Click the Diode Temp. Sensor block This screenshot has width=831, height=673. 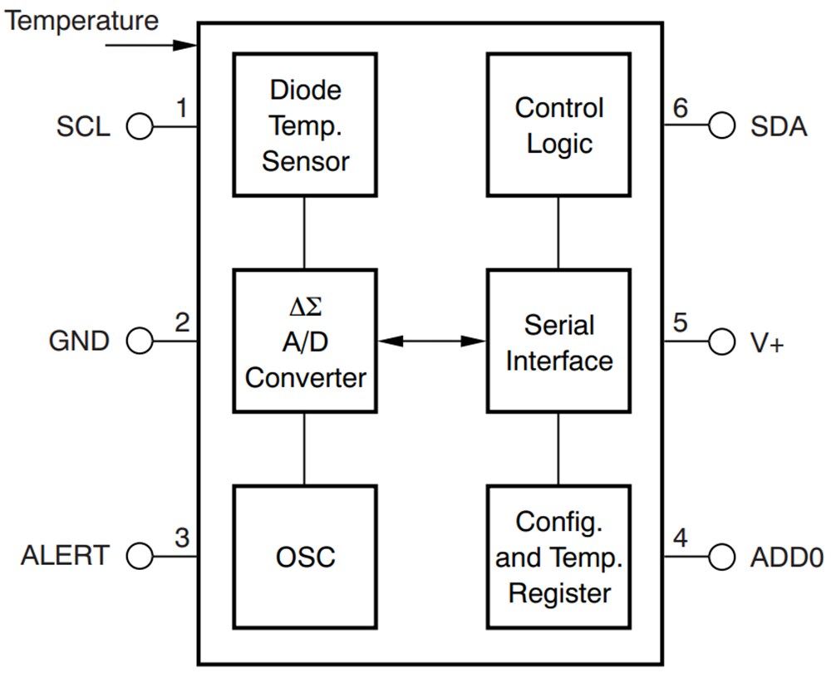[x=304, y=125]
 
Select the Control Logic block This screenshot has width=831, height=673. [x=558, y=125]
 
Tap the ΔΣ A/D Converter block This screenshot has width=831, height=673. [x=304, y=341]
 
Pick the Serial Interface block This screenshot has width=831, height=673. [x=558, y=341]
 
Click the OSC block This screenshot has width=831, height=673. [x=304, y=556]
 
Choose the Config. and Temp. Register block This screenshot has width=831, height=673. [x=558, y=556]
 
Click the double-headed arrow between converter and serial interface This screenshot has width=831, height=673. [x=431, y=340]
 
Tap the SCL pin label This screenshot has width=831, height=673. [x=83, y=127]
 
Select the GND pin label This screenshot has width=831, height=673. [x=79, y=341]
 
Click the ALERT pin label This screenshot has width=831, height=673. [x=65, y=556]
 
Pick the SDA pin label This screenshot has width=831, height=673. [x=779, y=127]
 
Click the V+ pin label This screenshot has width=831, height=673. [x=767, y=341]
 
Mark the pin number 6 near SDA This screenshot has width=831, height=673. [x=680, y=108]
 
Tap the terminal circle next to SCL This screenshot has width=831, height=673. [x=140, y=127]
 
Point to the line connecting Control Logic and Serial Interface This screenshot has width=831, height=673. [x=558, y=233]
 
